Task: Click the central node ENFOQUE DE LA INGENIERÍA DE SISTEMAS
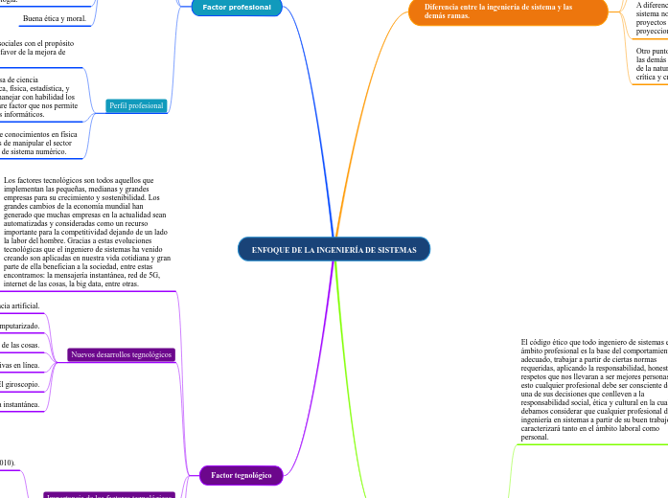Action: [x=334, y=249]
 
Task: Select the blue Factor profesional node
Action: [x=236, y=8]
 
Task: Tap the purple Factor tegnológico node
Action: [x=242, y=474]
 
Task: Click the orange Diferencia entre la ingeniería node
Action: [x=508, y=11]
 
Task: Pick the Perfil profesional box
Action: [x=137, y=105]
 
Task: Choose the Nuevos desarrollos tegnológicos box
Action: [x=121, y=354]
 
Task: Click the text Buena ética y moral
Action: [x=55, y=19]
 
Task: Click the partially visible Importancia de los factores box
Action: [x=108, y=495]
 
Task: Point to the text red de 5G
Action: [x=140, y=275]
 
